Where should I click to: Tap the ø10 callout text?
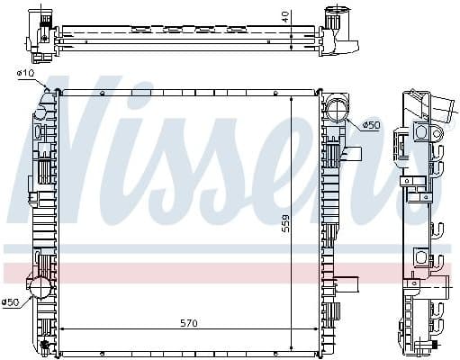(x=25, y=73)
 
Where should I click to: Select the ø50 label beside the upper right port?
(x=370, y=124)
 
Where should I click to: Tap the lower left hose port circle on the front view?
(x=40, y=290)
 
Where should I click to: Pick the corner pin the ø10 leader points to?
(x=58, y=91)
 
